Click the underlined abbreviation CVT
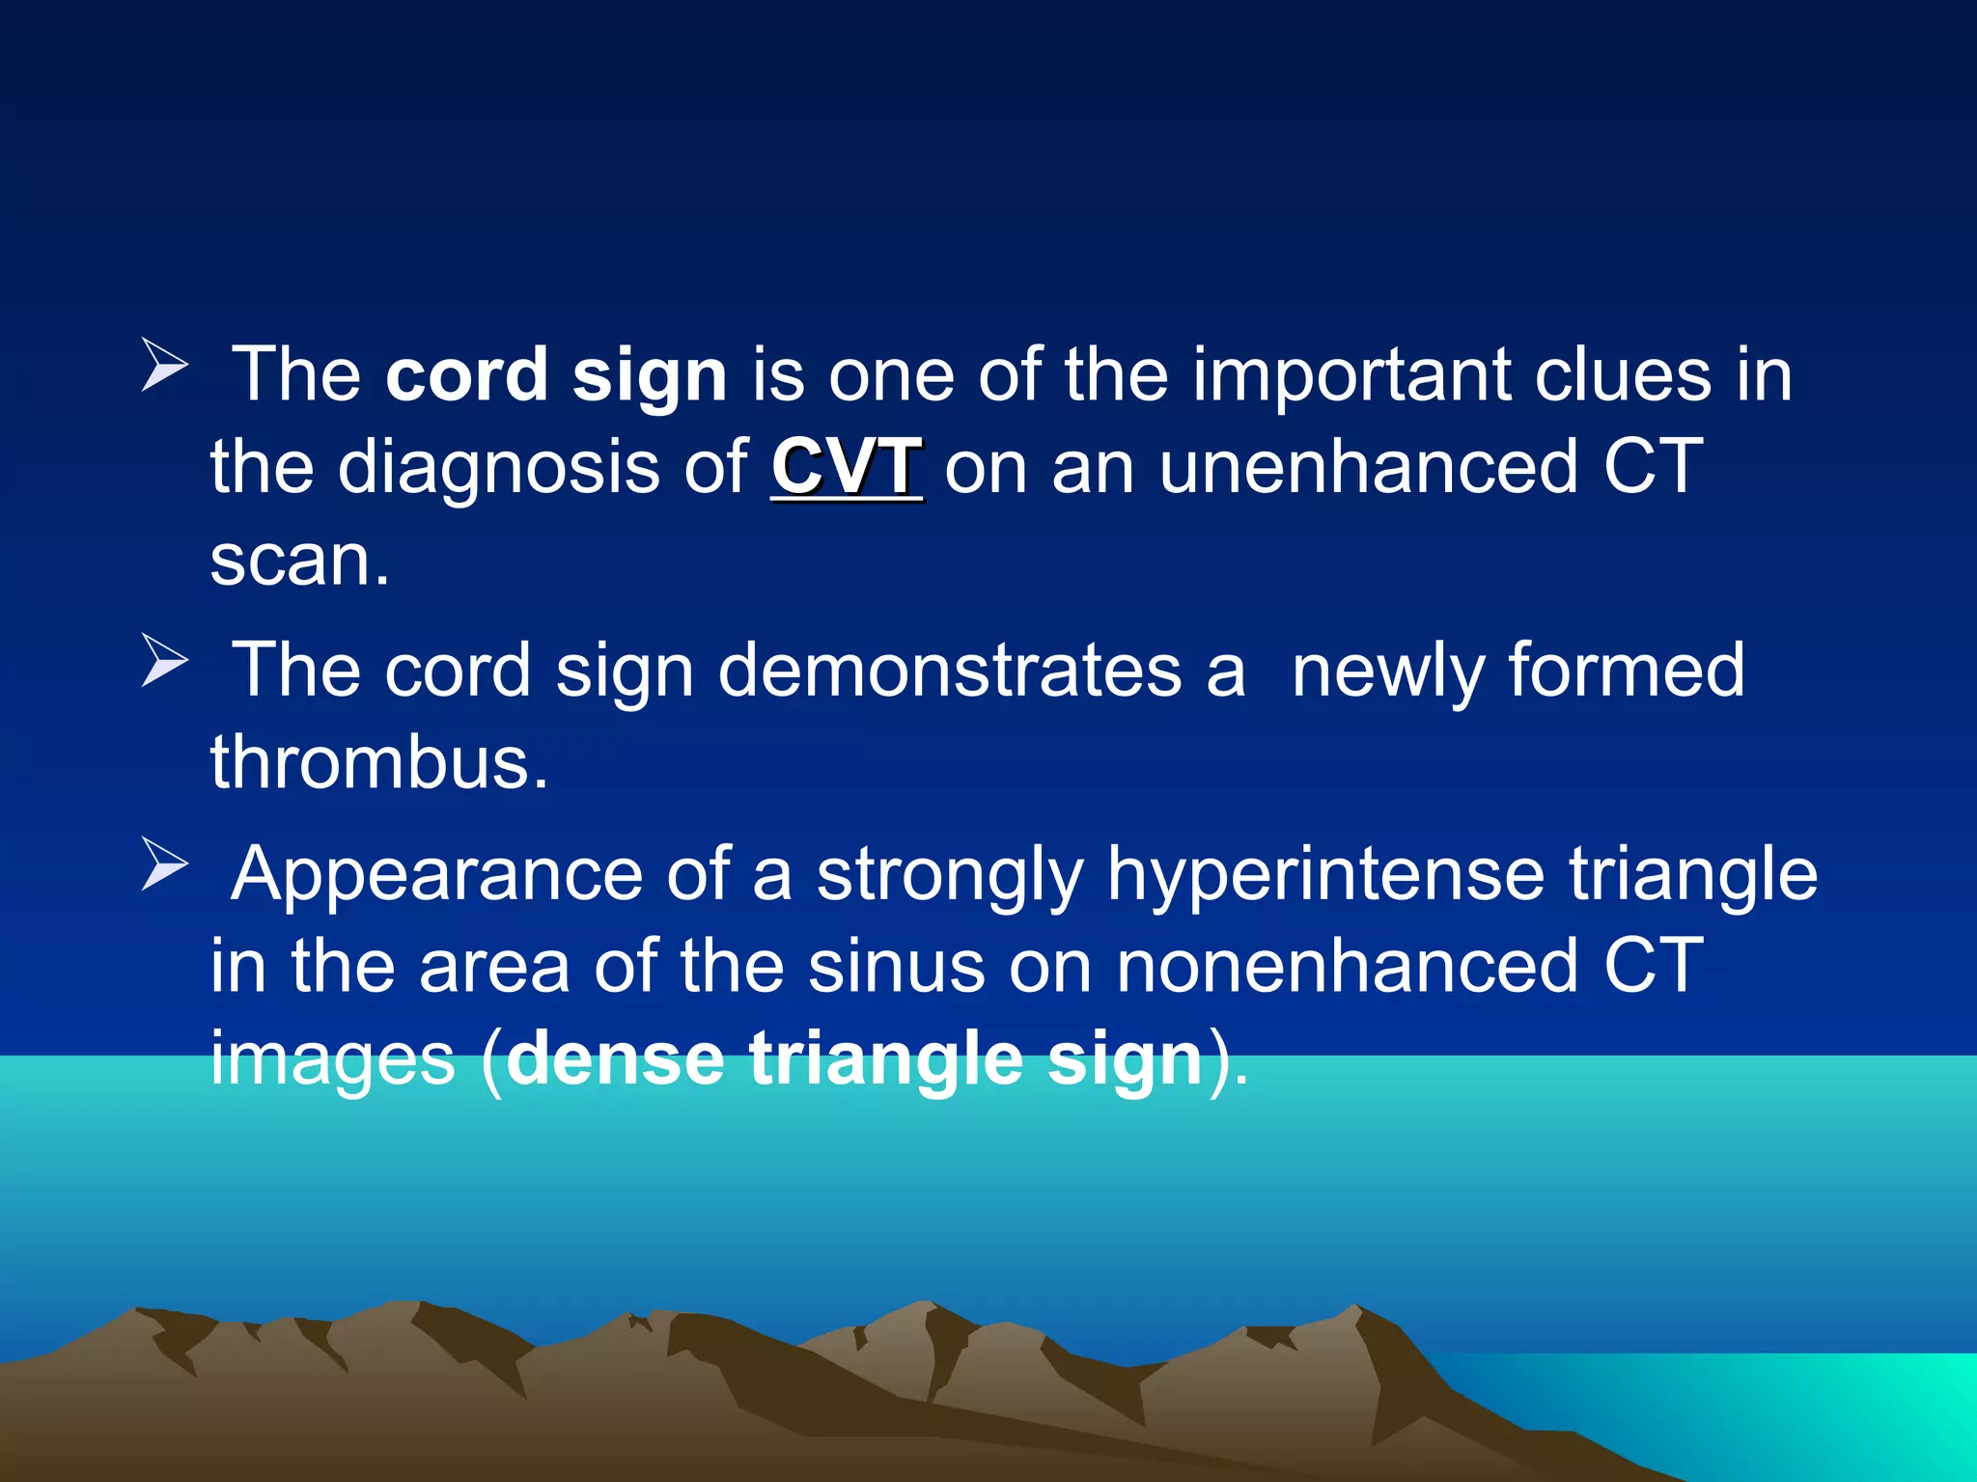click(847, 468)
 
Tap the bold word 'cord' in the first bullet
click(466, 374)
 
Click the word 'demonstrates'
click(950, 671)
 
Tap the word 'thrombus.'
click(379, 762)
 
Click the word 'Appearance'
click(436, 874)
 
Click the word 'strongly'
click(950, 874)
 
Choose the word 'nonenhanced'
click(1348, 966)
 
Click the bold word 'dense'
click(615, 1058)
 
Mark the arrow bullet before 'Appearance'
click(163, 864)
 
